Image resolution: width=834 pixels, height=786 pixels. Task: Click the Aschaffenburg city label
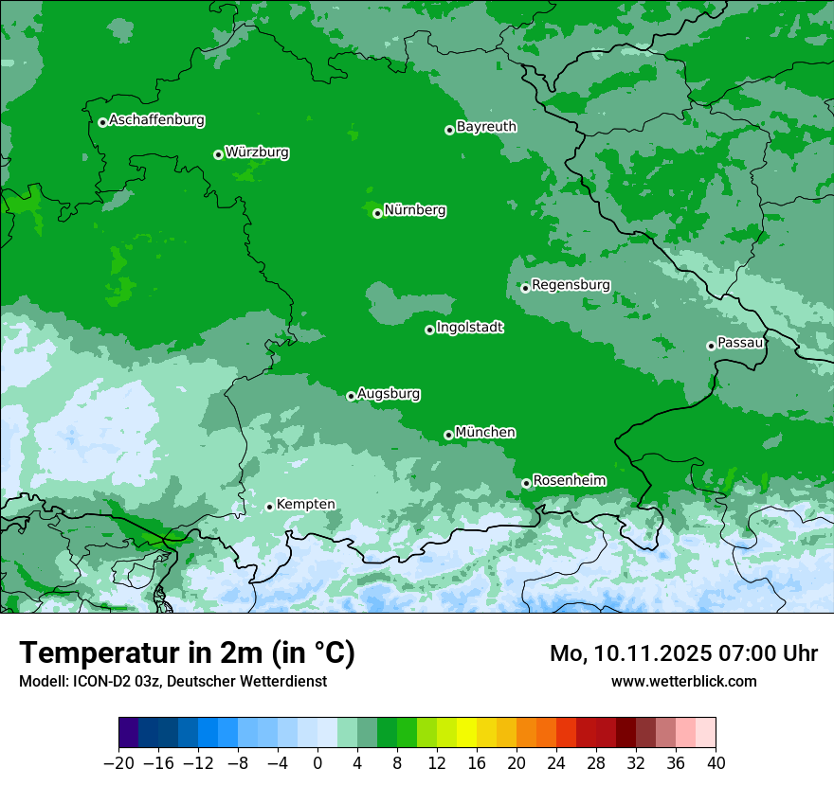pyautogui.click(x=156, y=120)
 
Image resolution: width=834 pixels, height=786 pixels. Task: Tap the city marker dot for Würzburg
pyautogui.click(x=218, y=154)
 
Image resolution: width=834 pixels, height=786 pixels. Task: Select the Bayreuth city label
pyautogui.click(x=486, y=127)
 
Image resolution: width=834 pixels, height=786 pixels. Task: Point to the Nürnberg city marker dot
pyautogui.click(x=377, y=213)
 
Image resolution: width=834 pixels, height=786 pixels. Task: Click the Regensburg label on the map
pyautogui.click(x=571, y=285)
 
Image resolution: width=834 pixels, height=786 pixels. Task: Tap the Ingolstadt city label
pyautogui.click(x=469, y=328)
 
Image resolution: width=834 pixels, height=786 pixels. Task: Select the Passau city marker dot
pyautogui.click(x=711, y=346)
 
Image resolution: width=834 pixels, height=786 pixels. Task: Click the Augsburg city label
pyautogui.click(x=389, y=394)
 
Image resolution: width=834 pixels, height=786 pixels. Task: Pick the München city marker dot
pyautogui.click(x=448, y=435)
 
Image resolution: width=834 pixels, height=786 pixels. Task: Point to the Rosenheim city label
pyautogui.click(x=569, y=481)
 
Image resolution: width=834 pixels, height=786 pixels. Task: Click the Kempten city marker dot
pyautogui.click(x=269, y=507)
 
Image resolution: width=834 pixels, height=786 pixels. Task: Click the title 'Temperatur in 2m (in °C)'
pyautogui.click(x=187, y=653)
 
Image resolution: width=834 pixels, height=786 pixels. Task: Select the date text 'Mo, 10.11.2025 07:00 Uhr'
pyautogui.click(x=683, y=654)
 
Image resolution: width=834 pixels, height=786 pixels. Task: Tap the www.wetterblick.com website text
pyautogui.click(x=683, y=681)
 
